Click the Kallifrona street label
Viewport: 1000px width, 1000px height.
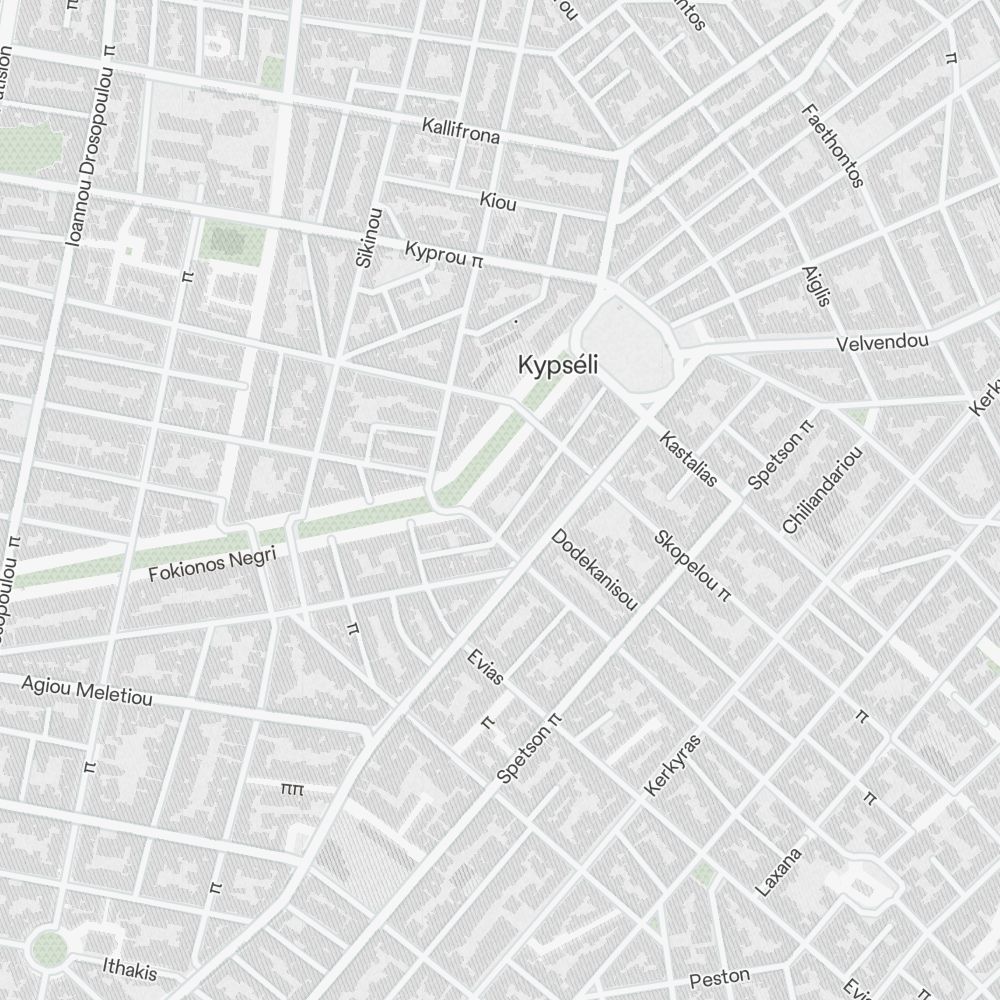(x=460, y=131)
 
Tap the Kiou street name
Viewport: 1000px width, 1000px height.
(x=498, y=201)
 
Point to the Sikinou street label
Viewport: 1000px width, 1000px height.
(x=368, y=237)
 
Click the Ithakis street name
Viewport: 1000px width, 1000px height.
(x=130, y=968)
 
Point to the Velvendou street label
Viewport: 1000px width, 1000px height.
(x=882, y=342)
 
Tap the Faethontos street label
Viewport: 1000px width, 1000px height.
(x=832, y=144)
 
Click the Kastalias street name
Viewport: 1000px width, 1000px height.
(x=688, y=458)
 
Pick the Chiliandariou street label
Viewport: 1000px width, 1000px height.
(x=822, y=489)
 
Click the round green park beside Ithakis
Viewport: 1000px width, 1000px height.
(x=47, y=948)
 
